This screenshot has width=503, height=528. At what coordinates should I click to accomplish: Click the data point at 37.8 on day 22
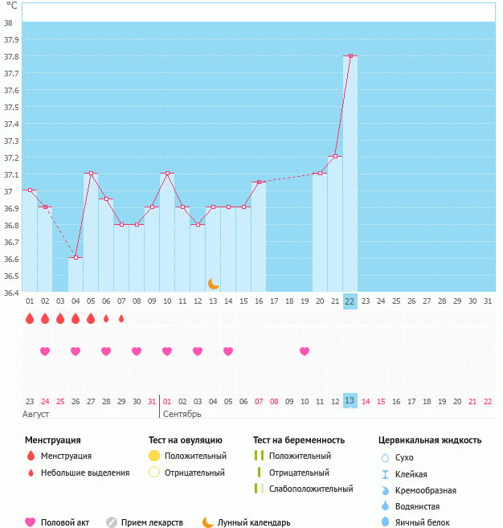click(x=350, y=56)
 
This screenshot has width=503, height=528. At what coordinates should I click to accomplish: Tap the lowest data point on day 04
click(x=76, y=257)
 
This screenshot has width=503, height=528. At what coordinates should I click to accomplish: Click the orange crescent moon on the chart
click(x=213, y=283)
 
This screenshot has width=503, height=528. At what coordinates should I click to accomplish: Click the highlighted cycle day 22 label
click(x=350, y=301)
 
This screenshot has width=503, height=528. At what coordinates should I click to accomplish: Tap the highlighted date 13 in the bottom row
click(x=350, y=400)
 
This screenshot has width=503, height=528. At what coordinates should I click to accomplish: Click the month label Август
click(x=36, y=414)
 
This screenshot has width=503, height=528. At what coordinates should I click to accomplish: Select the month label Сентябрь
click(x=182, y=414)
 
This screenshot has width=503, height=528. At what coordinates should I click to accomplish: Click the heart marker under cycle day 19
click(x=305, y=351)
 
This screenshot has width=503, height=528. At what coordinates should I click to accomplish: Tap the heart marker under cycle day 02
click(x=45, y=351)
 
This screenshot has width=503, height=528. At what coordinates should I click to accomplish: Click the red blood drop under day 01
click(x=30, y=318)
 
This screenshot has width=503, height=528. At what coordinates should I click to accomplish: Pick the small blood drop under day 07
click(x=121, y=318)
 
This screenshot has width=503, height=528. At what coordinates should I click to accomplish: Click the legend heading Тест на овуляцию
click(x=186, y=440)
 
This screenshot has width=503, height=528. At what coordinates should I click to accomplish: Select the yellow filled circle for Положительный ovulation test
click(x=154, y=456)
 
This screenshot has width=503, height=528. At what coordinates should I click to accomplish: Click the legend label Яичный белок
click(x=416, y=522)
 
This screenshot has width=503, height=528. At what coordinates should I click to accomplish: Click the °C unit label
click(x=11, y=6)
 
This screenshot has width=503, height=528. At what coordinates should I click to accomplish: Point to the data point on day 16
click(x=259, y=182)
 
